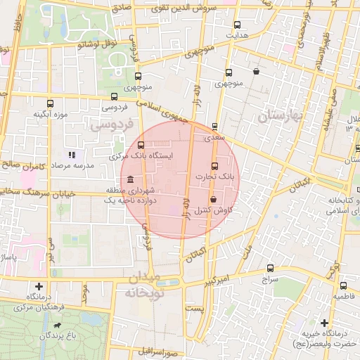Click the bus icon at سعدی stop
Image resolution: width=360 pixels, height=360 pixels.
pos(214,127)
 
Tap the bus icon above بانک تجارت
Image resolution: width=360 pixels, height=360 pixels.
pos(214,166)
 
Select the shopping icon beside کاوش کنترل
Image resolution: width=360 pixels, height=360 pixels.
pos(212,200)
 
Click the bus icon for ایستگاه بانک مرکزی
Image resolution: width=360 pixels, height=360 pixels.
pos(141,145)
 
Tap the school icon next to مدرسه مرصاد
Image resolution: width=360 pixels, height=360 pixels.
pos(71,155)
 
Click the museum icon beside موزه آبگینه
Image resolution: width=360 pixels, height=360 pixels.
pos(49,103)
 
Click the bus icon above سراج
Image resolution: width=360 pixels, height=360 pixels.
pos(271,268)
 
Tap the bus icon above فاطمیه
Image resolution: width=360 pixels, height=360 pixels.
pos(343,285)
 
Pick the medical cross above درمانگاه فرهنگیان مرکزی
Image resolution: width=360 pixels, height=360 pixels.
pos(39,286)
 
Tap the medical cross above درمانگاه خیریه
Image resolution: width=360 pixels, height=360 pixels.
pos(324,322)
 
